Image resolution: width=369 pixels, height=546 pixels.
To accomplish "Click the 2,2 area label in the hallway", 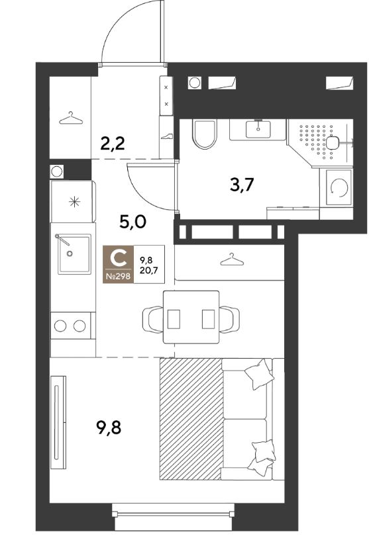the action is [112, 143].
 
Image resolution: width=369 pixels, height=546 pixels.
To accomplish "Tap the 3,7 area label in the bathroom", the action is [242, 185].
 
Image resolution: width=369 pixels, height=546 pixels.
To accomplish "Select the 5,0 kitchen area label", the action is [132, 222].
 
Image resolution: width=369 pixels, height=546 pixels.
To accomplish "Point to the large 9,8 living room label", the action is [109, 428].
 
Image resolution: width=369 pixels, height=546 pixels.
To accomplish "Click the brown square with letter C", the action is [118, 264].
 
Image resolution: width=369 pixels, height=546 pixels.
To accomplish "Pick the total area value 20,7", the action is [146, 269].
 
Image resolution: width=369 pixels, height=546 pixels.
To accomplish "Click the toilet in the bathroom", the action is [205, 134].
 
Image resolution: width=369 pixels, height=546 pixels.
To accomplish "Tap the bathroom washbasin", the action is [258, 129].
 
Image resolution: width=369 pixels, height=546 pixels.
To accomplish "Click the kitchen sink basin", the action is [74, 254].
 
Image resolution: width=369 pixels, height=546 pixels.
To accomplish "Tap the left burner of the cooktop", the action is [60, 326].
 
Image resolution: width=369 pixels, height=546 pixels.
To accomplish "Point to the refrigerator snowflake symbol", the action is [75, 202].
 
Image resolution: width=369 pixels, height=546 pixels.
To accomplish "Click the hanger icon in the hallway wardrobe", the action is [71, 118].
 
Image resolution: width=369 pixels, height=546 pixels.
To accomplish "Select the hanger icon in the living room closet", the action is [232, 259].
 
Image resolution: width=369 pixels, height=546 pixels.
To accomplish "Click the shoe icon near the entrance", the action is [166, 136].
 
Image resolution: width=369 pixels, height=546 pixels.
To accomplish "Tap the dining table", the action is [191, 317].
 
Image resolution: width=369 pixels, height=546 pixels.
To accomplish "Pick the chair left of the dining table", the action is [152, 319].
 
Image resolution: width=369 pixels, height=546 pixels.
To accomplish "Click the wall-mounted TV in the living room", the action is [58, 422].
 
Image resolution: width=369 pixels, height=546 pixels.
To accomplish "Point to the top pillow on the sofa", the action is [259, 374].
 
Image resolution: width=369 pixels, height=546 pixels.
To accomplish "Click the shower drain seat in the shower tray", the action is [333, 142].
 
